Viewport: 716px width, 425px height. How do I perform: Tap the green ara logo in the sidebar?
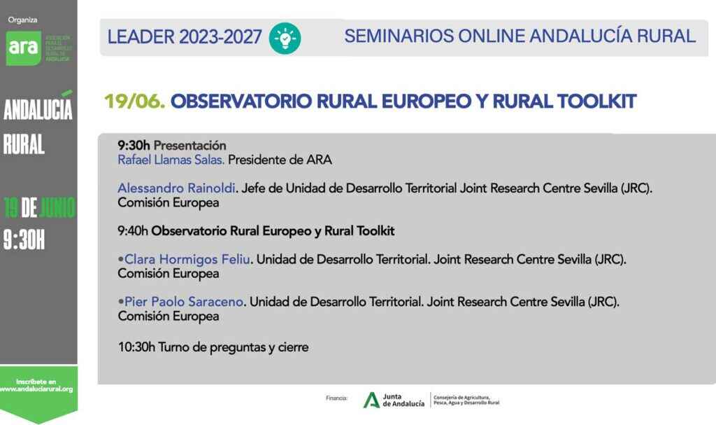click(x=23, y=47)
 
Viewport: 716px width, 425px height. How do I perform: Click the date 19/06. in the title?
click(x=134, y=102)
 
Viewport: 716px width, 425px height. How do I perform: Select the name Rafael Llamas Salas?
click(x=171, y=160)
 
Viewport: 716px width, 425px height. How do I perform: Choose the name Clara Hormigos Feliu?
click(x=187, y=259)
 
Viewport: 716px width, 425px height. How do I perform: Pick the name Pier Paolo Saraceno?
click(x=184, y=302)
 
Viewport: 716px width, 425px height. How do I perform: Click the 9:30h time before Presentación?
click(x=134, y=145)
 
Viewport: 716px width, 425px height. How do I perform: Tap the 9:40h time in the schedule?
click(x=133, y=230)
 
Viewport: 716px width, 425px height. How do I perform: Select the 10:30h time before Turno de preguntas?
click(x=136, y=347)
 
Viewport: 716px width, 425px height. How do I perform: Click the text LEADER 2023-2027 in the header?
click(x=185, y=37)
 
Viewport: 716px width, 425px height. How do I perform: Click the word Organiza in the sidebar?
click(x=23, y=20)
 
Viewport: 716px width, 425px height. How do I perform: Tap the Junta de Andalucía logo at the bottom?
click(x=394, y=400)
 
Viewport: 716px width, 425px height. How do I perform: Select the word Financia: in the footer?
click(x=336, y=398)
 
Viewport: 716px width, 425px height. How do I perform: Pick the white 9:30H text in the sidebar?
click(x=24, y=240)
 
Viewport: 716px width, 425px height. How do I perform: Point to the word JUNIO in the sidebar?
click(x=57, y=207)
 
